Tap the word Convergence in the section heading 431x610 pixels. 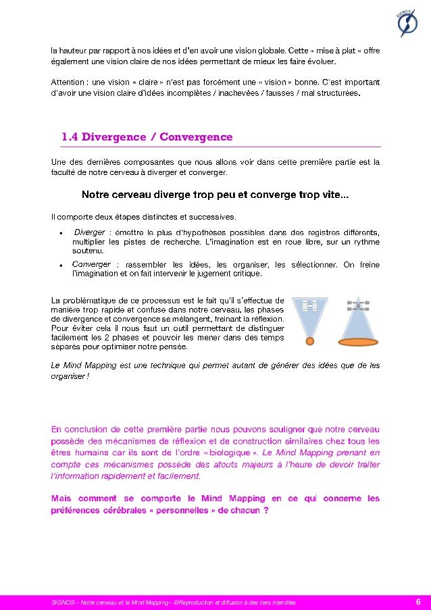(195, 137)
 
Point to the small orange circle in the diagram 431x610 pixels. (309, 340)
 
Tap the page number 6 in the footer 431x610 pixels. (418, 601)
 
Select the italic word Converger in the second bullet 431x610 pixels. (91, 265)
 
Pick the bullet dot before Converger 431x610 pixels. (61, 265)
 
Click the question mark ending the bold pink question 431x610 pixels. (266, 510)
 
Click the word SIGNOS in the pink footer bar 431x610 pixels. (63, 601)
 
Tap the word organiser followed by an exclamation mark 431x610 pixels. (68, 376)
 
